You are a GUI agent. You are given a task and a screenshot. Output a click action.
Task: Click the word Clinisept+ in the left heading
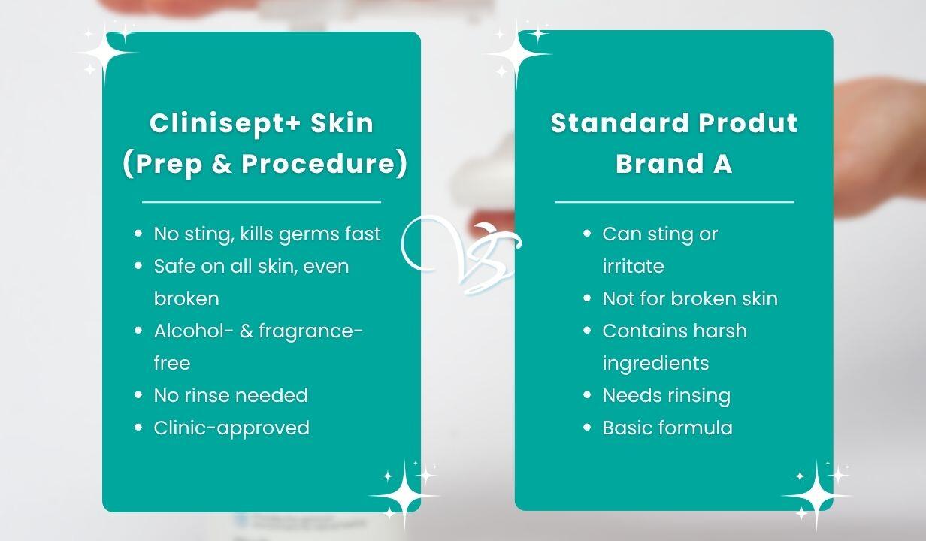(224, 123)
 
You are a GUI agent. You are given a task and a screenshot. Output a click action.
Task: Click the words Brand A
(673, 163)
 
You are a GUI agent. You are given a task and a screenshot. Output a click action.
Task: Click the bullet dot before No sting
(138, 234)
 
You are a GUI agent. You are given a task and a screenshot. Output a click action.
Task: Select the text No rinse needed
(231, 395)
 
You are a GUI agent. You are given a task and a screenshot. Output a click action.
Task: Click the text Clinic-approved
(231, 428)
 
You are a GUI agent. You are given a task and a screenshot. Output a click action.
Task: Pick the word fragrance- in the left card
(310, 331)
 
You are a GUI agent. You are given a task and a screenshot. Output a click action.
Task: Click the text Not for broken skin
(690, 298)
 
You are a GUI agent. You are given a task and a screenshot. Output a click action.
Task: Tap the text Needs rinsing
(667, 396)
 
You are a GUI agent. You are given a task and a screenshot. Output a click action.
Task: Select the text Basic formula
(667, 428)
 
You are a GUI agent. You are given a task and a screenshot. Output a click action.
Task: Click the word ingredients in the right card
(655, 364)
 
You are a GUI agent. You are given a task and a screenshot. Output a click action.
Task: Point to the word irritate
(633, 266)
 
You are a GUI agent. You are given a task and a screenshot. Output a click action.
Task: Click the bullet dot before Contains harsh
(587, 331)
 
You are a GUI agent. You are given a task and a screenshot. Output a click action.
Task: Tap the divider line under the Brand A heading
(674, 202)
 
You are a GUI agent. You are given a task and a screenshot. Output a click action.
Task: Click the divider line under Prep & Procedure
(262, 202)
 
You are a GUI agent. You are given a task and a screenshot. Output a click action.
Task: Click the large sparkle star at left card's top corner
(105, 53)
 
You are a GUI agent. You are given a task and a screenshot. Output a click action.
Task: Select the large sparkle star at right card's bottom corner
(816, 495)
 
